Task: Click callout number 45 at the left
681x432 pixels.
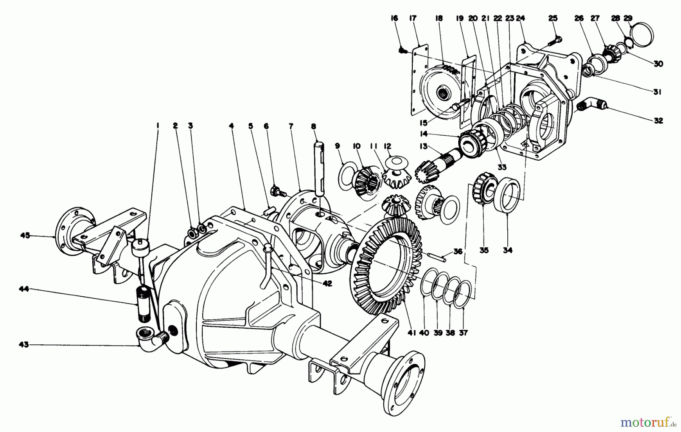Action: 25,236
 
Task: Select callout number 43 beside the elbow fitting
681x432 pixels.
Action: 23,345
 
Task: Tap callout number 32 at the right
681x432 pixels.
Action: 658,121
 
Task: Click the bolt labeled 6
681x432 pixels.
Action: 277,191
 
